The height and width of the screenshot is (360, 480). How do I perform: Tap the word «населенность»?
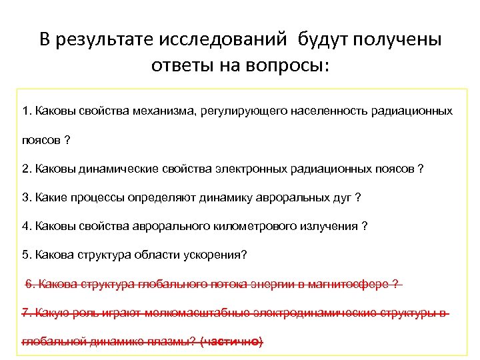[326, 111]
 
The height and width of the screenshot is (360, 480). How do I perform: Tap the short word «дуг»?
[340, 197]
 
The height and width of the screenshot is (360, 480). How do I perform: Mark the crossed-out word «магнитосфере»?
[353, 284]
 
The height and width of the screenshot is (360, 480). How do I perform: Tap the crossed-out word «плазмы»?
[175, 342]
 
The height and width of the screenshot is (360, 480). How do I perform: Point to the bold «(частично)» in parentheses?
[231, 342]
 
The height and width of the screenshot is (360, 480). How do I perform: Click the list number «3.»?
[27, 197]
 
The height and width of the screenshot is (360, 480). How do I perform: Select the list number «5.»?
[27, 255]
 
